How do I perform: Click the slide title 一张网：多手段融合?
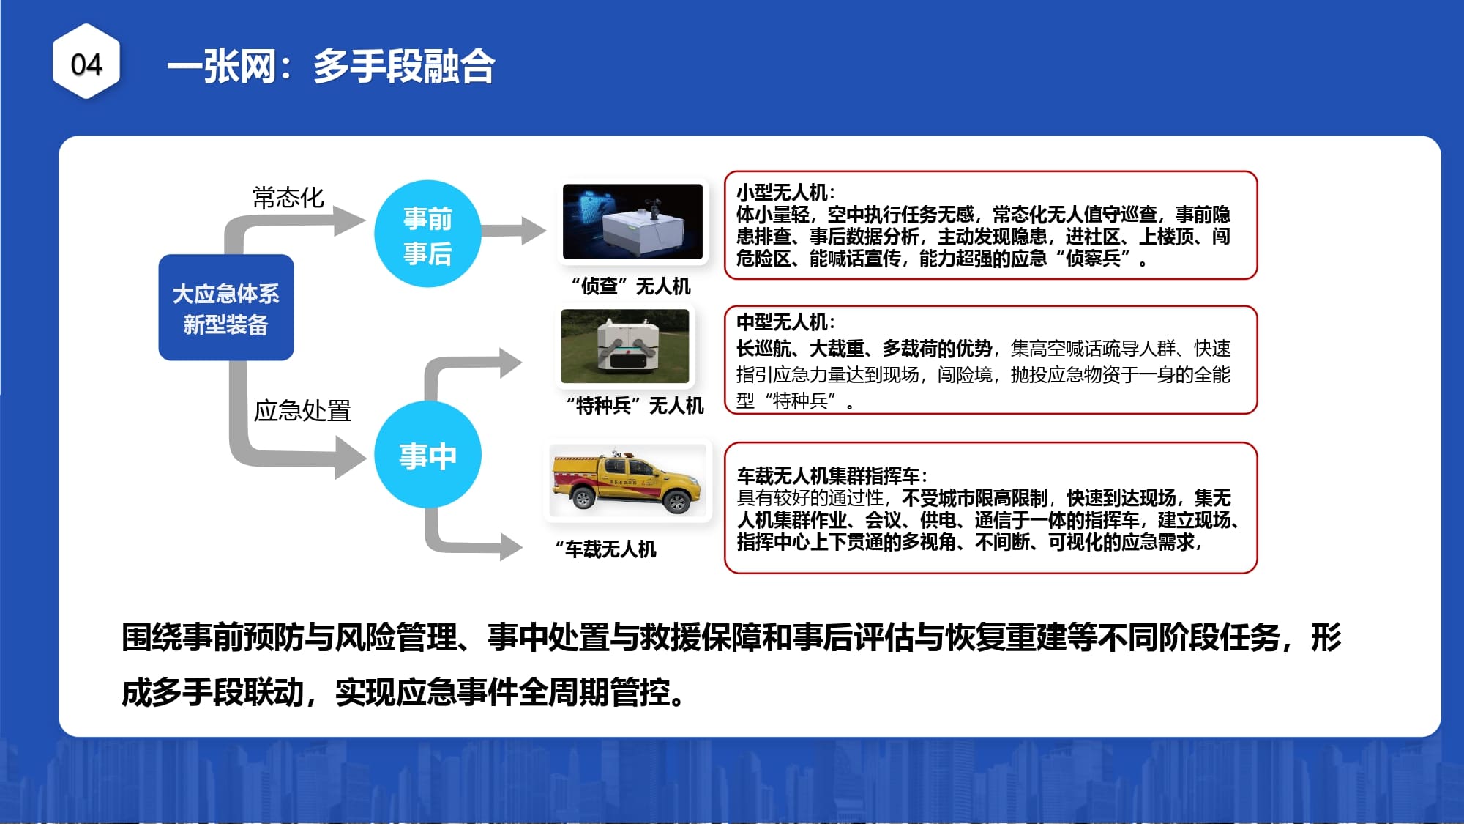(331, 67)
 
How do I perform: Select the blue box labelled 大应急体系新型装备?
(226, 308)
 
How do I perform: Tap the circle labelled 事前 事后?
(427, 234)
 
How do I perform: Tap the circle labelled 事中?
(427, 455)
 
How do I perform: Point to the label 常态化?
(288, 197)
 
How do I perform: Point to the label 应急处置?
(302, 410)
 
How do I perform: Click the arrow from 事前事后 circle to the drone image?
(513, 231)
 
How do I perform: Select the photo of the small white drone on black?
(632, 222)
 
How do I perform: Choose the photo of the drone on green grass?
(625, 346)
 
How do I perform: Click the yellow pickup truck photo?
(628, 480)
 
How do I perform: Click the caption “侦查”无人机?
(631, 286)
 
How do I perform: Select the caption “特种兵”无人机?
(635, 405)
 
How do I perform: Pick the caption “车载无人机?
(606, 549)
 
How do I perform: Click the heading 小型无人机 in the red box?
(782, 193)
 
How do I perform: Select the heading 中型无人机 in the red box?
(782, 322)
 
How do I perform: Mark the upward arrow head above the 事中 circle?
(511, 363)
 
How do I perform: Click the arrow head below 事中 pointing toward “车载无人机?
(511, 546)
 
